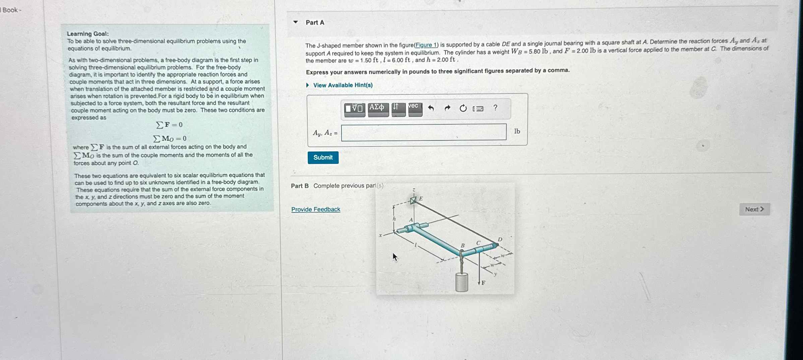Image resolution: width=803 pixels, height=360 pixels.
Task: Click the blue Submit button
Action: (323, 158)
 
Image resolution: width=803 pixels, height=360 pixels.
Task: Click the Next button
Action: (754, 209)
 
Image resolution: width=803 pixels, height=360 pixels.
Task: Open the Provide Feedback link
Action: (316, 209)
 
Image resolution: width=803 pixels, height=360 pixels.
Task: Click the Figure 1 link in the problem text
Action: (426, 45)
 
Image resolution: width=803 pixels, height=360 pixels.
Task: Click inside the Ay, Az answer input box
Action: (424, 132)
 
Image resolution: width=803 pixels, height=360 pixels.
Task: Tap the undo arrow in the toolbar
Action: (431, 108)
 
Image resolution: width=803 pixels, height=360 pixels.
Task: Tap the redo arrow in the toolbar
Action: (447, 108)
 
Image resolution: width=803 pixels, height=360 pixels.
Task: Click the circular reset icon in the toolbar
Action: (463, 108)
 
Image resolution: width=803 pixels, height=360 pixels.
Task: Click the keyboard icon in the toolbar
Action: (478, 109)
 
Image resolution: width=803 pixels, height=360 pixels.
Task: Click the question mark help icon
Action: (495, 108)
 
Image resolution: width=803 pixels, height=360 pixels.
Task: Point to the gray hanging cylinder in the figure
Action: (461, 282)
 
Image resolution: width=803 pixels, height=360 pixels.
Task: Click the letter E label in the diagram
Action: (421, 198)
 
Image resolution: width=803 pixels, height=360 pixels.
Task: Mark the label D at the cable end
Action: (500, 239)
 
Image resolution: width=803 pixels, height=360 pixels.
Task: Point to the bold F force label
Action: (483, 283)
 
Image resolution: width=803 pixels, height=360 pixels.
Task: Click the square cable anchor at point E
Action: (414, 200)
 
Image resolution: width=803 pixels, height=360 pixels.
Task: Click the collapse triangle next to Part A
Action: (295, 22)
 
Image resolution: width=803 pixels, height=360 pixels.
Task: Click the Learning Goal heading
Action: (88, 34)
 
